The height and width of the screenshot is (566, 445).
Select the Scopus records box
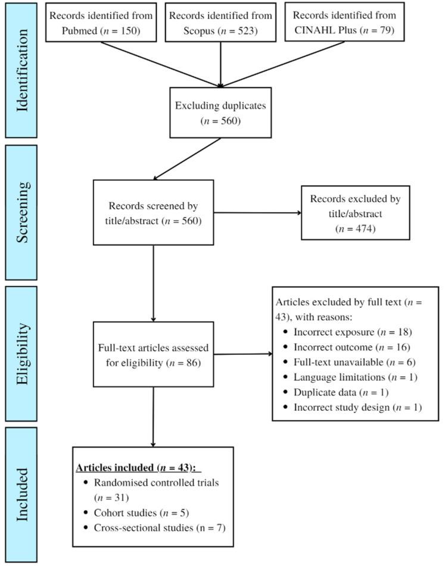pyautogui.click(x=220, y=22)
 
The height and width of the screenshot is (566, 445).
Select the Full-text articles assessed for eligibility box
pyautogui.click(x=154, y=354)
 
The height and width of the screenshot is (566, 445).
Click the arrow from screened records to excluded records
pyautogui.click(x=256, y=212)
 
